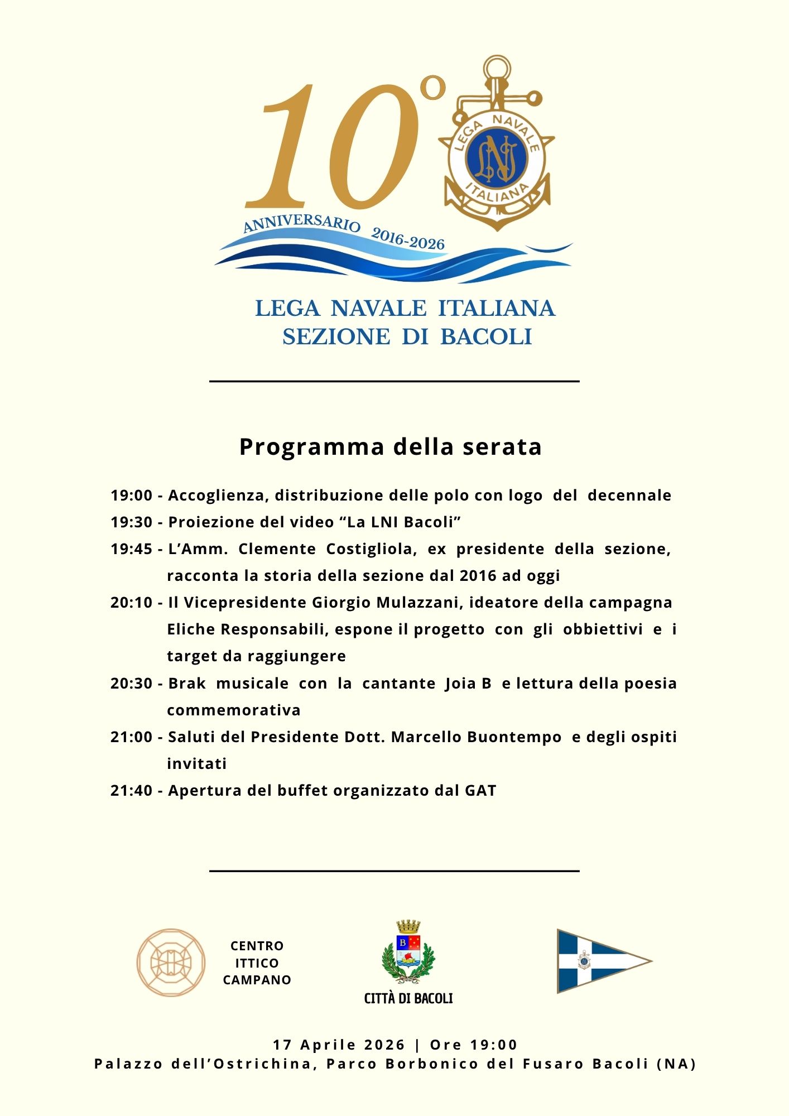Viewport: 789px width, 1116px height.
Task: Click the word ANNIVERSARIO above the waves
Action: [x=302, y=223]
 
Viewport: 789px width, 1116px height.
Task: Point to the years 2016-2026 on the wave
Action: [x=408, y=239]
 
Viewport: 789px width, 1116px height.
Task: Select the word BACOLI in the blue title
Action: [x=486, y=337]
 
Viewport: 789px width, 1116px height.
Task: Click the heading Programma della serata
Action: [x=391, y=447]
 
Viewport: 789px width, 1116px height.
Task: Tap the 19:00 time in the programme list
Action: [x=131, y=496]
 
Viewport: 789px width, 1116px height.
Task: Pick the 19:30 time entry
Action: [x=131, y=522]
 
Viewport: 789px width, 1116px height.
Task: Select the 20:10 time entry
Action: [x=131, y=603]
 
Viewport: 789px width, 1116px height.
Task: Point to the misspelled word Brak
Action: [x=187, y=684]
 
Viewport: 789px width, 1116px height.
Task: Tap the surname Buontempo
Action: [x=514, y=737]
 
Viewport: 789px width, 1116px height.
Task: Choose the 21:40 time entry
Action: [x=131, y=791]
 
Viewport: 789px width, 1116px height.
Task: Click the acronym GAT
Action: [x=480, y=791]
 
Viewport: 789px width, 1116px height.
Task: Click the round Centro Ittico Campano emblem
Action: [x=171, y=963]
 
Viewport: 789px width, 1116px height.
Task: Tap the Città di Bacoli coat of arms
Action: [x=408, y=953]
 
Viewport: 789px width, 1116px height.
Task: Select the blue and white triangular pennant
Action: [x=597, y=961]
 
